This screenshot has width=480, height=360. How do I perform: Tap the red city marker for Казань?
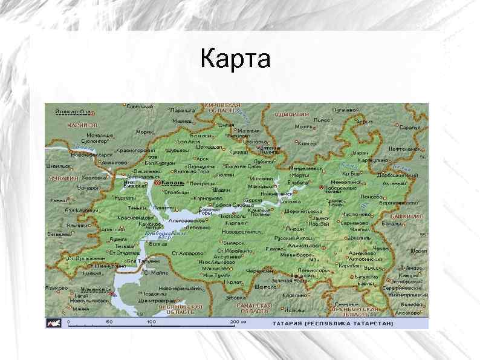pyautogui.click(x=157, y=182)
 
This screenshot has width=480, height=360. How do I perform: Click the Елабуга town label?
pyautogui.click(x=298, y=182)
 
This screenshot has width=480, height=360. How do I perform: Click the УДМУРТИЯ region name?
pyautogui.click(x=292, y=114)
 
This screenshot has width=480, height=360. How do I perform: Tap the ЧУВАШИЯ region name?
pyautogui.click(x=65, y=179)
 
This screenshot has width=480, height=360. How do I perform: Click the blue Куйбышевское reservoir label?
pyautogui.click(x=159, y=234)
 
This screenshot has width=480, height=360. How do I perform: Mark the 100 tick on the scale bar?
pyautogui.click(x=151, y=322)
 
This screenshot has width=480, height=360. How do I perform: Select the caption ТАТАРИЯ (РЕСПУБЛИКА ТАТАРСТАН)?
pyautogui.click(x=332, y=323)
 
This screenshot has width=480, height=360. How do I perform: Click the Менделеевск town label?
pyautogui.click(x=293, y=168)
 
